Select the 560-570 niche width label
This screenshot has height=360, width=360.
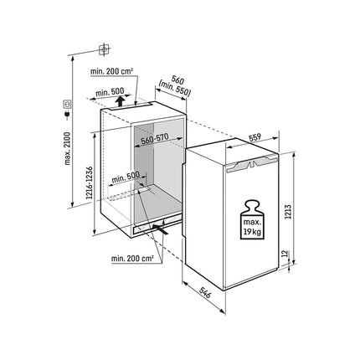155,139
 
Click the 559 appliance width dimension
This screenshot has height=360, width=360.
255,137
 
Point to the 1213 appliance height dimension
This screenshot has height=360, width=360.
289,212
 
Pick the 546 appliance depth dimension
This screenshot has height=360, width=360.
205,293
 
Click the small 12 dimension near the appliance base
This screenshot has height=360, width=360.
285,254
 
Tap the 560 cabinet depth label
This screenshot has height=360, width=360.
177,80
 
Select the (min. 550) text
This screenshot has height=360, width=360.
174,89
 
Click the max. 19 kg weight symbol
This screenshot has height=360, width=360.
251,219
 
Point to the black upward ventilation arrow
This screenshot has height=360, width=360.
120,101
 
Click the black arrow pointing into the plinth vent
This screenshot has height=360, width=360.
161,229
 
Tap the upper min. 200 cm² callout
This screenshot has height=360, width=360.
111,71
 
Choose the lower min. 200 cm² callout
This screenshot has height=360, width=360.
132,259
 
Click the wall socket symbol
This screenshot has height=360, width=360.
67,104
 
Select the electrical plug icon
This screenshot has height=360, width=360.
67,115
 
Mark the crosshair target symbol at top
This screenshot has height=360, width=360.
104,50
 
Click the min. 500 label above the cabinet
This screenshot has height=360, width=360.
109,92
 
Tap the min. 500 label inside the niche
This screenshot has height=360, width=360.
126,177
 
